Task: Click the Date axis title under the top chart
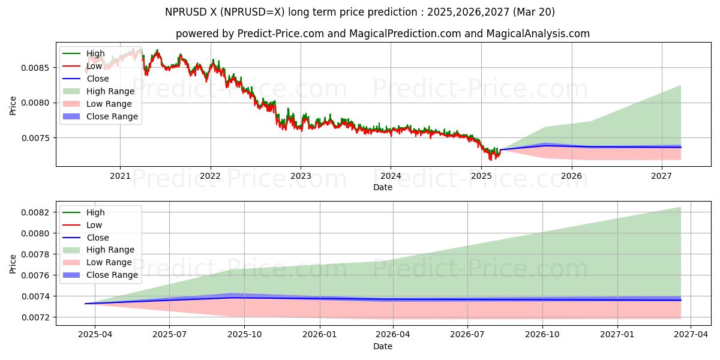[x=383, y=187]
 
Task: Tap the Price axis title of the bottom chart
[x=13, y=263]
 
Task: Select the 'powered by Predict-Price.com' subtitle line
[x=382, y=34]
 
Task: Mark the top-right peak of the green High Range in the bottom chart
[x=681, y=207]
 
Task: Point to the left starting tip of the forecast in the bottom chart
[x=85, y=304]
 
